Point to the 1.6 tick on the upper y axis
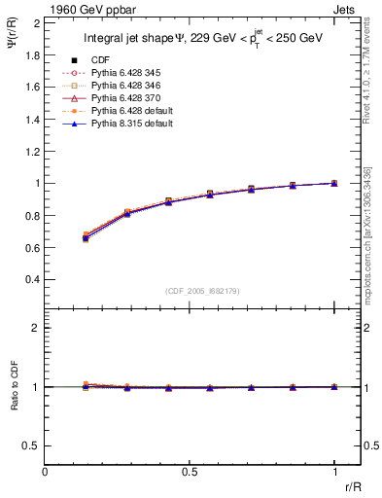tap(33, 87)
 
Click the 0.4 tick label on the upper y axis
tap(33, 279)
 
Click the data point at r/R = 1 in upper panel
tap(334, 183)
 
